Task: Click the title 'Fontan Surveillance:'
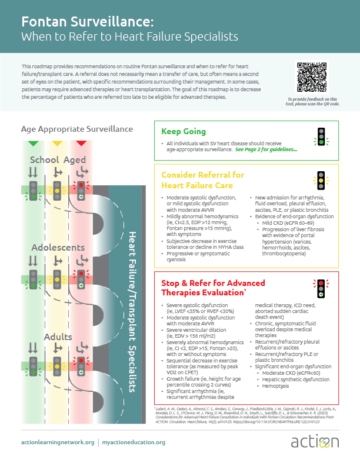click(88, 22)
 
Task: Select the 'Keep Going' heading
click(184, 132)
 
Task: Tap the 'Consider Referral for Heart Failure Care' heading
click(211, 180)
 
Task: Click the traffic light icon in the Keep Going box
click(321, 137)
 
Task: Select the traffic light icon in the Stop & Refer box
click(321, 287)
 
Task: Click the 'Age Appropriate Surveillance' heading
click(77, 129)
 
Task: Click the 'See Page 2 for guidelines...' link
click(266, 150)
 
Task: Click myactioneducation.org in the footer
click(135, 442)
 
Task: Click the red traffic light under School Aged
click(81, 189)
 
